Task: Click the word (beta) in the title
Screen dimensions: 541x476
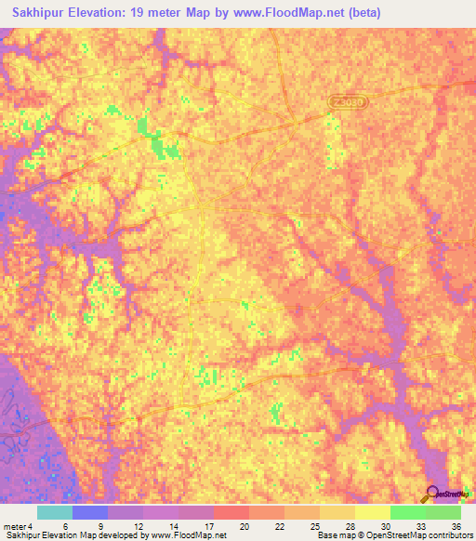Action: click(x=363, y=13)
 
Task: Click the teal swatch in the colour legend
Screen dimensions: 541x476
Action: click(x=54, y=512)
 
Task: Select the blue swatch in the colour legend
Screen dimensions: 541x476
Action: click(x=89, y=512)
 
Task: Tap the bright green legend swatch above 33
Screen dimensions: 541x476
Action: click(x=407, y=512)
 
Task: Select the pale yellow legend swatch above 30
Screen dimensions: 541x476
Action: click(x=372, y=512)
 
